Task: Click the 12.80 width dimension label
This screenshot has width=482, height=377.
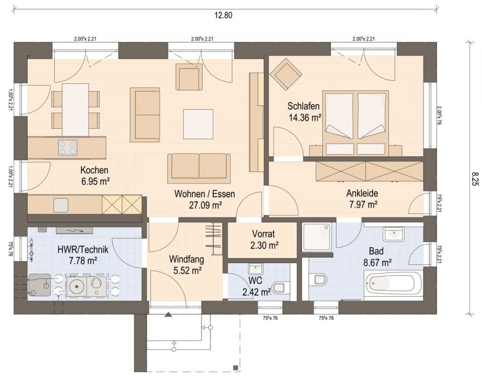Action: [x=223, y=15]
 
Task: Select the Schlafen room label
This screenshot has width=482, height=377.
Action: [x=304, y=106]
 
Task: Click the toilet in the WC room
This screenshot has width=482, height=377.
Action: [x=280, y=288]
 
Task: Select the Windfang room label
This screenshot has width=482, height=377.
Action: [x=186, y=259]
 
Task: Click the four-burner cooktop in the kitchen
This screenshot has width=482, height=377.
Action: [x=67, y=148]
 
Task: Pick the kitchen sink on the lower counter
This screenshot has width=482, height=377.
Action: [x=61, y=205]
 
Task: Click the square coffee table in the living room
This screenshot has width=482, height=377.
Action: [x=198, y=124]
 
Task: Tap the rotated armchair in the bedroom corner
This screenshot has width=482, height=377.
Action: [x=286, y=74]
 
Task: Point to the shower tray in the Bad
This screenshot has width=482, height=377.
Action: [x=317, y=237]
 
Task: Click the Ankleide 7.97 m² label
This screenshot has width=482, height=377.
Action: [x=363, y=199]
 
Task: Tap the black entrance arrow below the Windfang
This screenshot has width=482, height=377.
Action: [x=168, y=314]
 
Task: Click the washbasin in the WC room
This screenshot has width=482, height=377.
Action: [x=254, y=268]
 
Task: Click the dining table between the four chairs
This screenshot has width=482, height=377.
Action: [x=76, y=110]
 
